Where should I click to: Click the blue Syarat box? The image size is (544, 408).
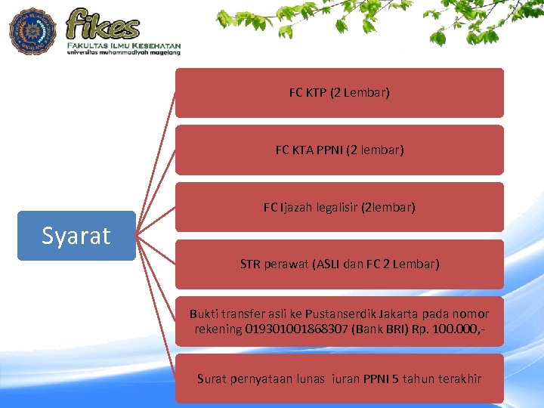click(76, 236)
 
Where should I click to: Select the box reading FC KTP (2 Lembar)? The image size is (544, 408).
click(339, 93)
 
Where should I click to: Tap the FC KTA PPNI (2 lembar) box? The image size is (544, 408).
click(339, 150)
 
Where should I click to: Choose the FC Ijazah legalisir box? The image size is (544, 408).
click(339, 207)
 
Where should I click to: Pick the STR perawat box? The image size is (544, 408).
click(339, 264)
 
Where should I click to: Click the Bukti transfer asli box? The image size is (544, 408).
click(339, 321)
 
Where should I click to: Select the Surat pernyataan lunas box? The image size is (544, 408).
click(339, 379)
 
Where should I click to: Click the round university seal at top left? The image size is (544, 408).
click(32, 31)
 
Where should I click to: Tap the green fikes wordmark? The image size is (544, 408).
click(104, 24)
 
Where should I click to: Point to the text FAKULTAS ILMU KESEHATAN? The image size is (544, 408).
click(123, 45)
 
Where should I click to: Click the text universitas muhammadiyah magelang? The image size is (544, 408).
click(123, 53)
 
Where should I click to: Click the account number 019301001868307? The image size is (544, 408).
click(297, 329)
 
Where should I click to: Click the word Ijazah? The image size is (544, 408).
click(298, 207)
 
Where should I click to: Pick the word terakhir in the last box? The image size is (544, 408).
click(456, 379)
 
